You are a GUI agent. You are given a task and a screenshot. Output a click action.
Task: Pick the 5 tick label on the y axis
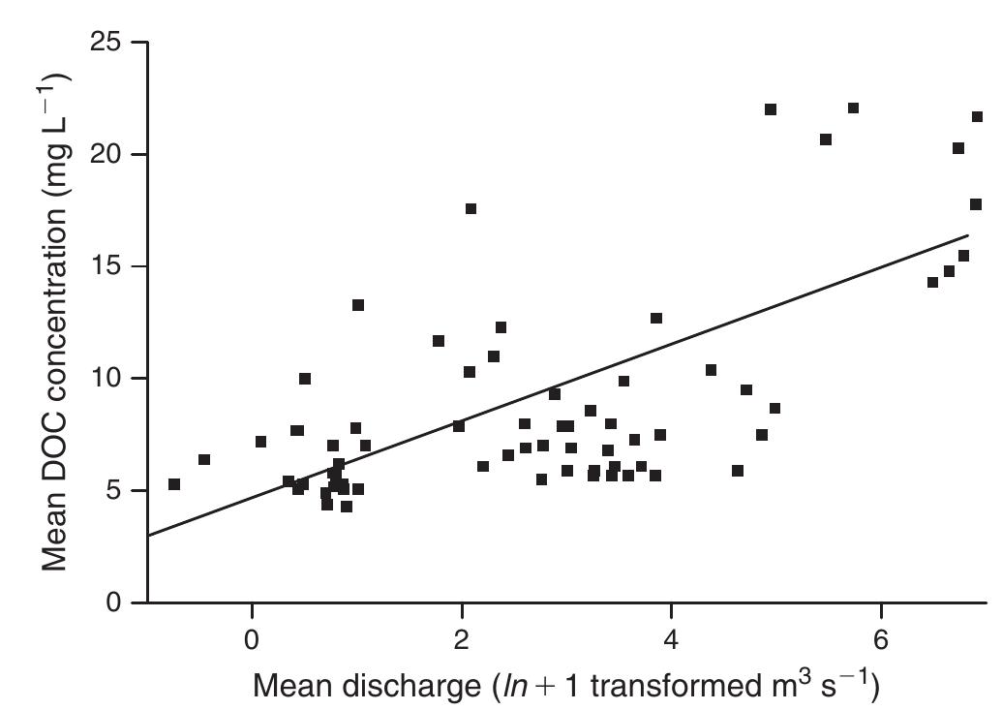click(x=116, y=491)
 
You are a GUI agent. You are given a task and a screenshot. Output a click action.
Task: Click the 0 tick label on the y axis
click(x=116, y=602)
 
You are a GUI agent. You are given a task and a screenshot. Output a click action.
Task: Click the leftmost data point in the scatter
click(x=174, y=484)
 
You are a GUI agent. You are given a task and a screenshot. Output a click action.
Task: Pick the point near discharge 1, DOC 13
click(x=358, y=305)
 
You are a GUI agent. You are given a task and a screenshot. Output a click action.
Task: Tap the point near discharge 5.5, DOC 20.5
click(x=826, y=139)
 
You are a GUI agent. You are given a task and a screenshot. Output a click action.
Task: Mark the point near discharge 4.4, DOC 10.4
click(x=712, y=370)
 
